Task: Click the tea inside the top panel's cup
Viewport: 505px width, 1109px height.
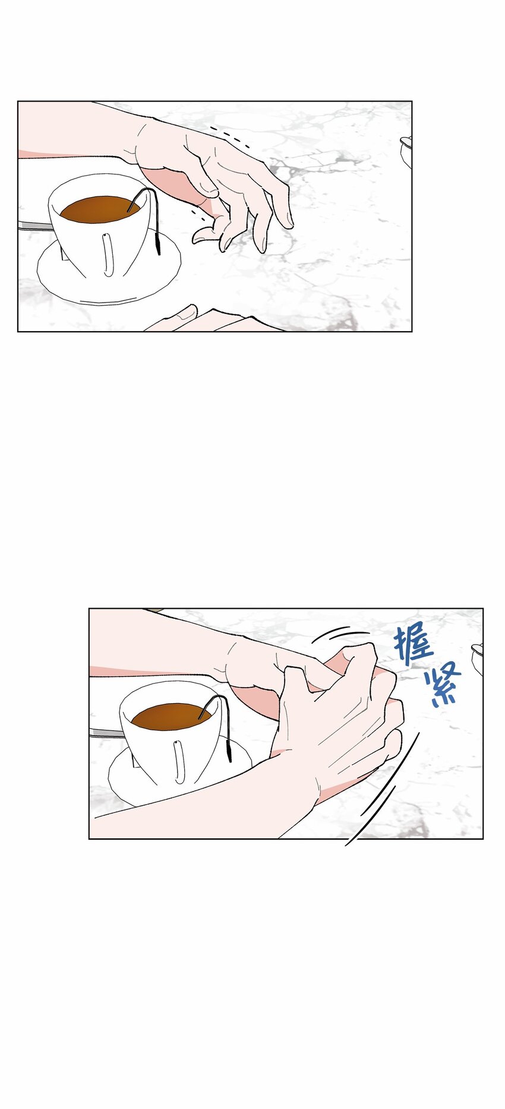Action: click(98, 209)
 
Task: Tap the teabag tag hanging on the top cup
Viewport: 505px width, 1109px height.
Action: click(158, 242)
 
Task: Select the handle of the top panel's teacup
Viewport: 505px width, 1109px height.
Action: click(108, 256)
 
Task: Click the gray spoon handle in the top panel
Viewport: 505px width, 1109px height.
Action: click(33, 225)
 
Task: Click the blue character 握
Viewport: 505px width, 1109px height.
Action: click(412, 643)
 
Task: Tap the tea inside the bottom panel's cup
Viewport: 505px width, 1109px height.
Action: click(169, 717)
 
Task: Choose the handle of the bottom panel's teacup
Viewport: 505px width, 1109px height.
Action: click(179, 762)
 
